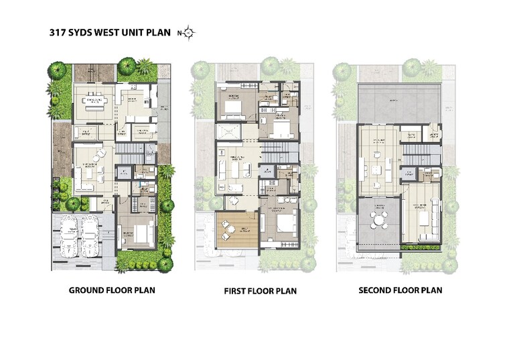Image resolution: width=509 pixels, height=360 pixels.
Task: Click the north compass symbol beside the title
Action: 189,32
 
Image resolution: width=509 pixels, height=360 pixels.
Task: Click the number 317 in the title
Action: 58,32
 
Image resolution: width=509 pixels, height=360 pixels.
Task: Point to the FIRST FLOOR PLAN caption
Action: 260,291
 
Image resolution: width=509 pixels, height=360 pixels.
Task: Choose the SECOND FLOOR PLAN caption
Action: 401,290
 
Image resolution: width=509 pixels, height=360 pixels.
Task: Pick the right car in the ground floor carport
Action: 90,234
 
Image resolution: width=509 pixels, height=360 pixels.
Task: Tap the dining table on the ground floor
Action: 94,102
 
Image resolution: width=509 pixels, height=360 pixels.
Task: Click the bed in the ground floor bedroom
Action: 141,233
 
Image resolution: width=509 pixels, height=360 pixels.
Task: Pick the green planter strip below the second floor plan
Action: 421,247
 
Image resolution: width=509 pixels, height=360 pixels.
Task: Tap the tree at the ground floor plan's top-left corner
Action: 57,70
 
